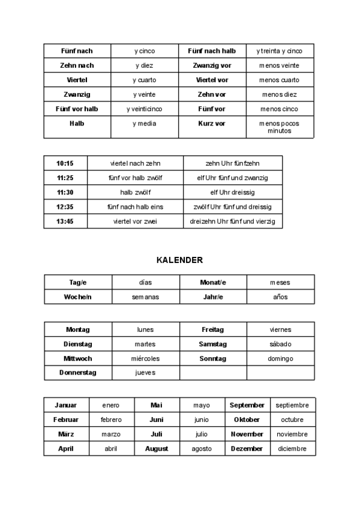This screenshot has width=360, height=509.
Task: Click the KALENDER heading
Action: tap(179, 260)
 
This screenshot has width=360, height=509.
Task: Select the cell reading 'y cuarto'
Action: tap(145, 80)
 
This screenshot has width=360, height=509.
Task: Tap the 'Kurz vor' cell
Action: tap(211, 123)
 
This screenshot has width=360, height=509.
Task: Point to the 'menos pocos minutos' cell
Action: tap(279, 127)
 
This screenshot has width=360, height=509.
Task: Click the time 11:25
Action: tap(65, 178)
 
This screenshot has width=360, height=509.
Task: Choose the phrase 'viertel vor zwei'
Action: tap(135, 221)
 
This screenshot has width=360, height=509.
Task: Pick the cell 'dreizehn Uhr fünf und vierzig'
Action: tap(232, 221)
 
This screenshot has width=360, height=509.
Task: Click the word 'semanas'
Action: tap(145, 297)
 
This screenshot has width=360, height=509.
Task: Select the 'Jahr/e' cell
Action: tap(212, 297)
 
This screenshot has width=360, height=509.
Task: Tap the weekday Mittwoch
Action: tap(77, 358)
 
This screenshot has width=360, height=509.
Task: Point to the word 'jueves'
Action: tap(145, 373)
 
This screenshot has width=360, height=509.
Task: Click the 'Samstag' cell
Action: tap(212, 344)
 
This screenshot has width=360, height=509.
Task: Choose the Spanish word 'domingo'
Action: tap(280, 358)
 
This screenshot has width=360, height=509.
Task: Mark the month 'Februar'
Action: tap(65, 420)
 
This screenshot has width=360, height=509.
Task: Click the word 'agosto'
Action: tap(202, 448)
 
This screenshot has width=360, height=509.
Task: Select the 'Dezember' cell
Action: tap(247, 448)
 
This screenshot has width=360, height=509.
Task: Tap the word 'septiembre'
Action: tap(292, 405)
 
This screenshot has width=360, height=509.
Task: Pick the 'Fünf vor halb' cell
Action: tap(77, 109)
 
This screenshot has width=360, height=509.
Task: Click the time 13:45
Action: tap(65, 221)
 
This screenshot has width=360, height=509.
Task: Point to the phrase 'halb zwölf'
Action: tap(135, 192)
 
